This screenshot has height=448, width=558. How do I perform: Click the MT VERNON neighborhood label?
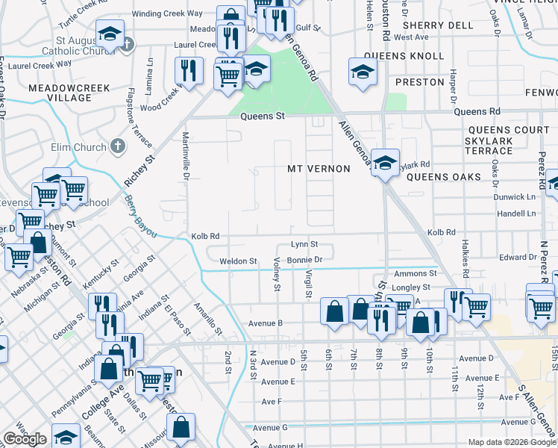click(319, 169)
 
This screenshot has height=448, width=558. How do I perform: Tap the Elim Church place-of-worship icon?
click(118, 147)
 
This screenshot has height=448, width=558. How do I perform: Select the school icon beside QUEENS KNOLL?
click(363, 72)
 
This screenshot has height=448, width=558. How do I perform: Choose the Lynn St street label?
click(304, 244)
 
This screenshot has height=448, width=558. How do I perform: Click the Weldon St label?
click(238, 261)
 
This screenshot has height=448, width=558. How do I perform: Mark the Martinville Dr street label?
click(184, 156)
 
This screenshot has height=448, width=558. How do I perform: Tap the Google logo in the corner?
click(25, 439)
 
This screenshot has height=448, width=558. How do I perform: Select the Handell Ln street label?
click(516, 214)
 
